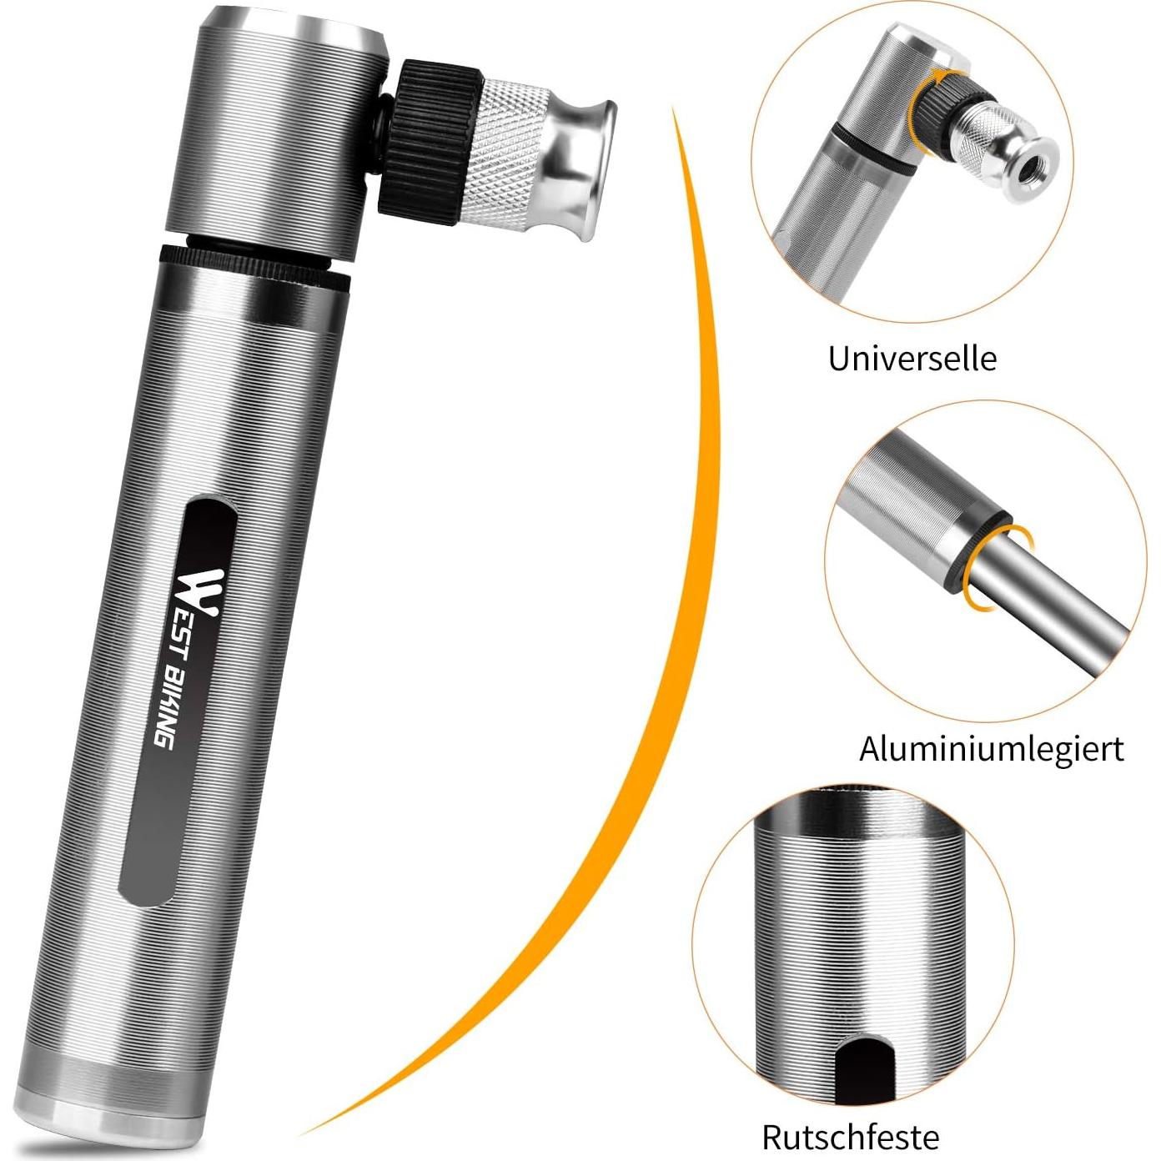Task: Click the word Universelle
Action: click(x=912, y=359)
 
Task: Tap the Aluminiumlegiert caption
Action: click(x=991, y=750)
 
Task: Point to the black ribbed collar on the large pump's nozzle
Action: click(x=429, y=142)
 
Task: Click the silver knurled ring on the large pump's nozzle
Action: click(x=503, y=154)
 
